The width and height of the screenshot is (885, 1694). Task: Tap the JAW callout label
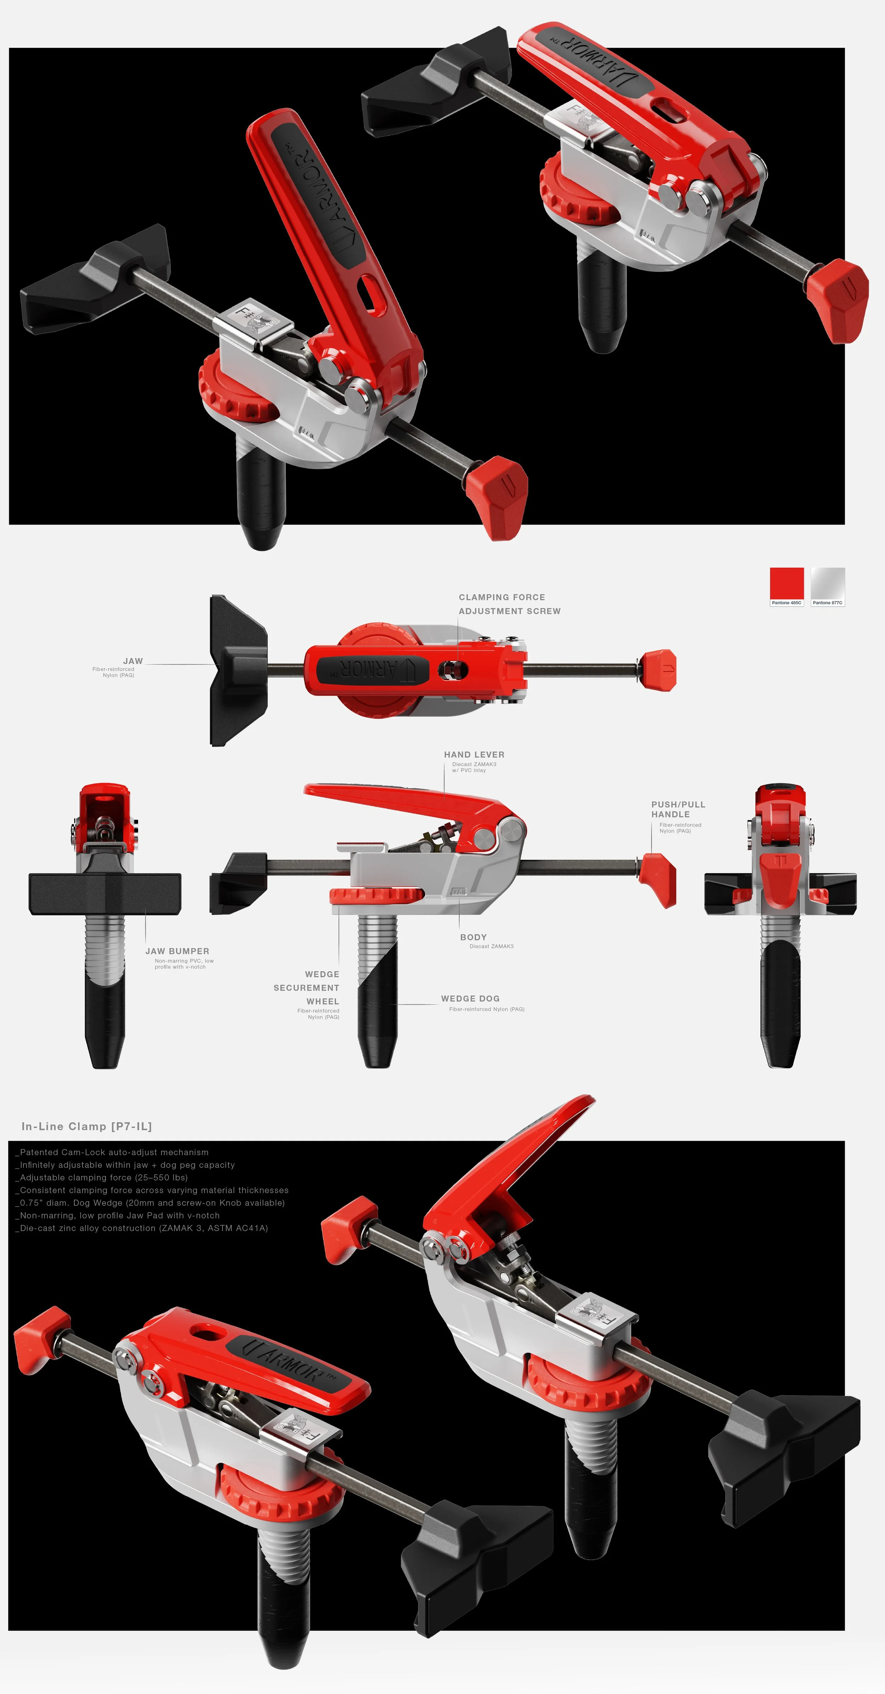point(133,661)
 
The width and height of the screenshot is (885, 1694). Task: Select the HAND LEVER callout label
point(474,754)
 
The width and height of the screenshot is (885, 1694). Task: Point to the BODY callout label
point(473,937)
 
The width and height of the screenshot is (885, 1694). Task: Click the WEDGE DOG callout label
point(470,998)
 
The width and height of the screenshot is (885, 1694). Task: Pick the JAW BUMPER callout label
point(177,951)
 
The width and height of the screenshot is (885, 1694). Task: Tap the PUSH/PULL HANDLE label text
point(678,809)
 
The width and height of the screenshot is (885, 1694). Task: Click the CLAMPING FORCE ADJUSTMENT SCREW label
point(509,604)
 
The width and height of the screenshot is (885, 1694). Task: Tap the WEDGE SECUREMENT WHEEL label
point(307,988)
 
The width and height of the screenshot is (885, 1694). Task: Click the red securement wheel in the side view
point(376,894)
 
